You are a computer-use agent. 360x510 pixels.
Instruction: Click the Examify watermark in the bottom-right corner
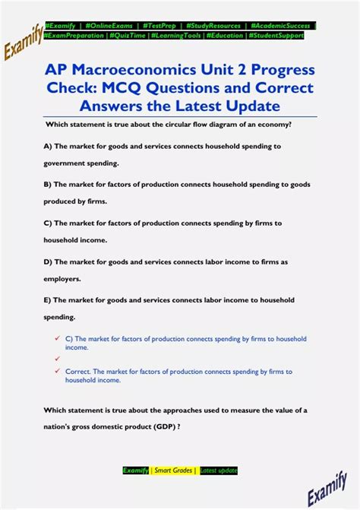[x=327, y=487]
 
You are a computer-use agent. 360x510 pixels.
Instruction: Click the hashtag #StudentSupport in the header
[x=277, y=35]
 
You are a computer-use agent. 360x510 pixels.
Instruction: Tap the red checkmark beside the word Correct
[x=57, y=371]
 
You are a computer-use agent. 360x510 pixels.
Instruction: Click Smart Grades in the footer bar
[x=174, y=470]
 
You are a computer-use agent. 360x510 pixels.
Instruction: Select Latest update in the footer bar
[x=219, y=470]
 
